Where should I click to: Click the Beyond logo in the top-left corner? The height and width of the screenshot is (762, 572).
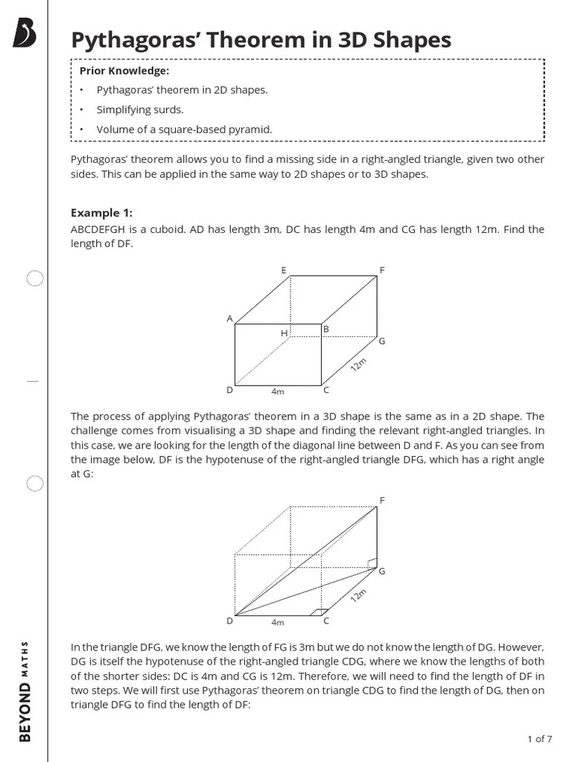point(25,33)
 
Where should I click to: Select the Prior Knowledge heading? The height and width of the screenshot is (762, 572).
point(124,71)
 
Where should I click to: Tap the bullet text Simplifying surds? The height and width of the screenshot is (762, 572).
point(140,109)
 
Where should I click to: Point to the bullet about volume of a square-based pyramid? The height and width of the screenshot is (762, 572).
point(184,129)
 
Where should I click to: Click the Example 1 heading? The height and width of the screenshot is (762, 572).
point(101,213)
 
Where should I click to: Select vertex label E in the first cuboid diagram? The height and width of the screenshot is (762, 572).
point(284,270)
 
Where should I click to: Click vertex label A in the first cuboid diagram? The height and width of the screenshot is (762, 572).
point(229,318)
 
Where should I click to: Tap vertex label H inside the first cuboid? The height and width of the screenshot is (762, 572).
point(284,333)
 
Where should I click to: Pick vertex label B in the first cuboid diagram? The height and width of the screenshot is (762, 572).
point(326,328)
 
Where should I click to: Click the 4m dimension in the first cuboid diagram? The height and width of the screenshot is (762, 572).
point(278,391)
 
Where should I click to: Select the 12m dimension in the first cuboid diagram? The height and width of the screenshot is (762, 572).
point(359,365)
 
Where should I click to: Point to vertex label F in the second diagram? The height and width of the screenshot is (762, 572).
point(382,500)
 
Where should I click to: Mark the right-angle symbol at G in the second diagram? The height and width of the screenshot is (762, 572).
point(372,563)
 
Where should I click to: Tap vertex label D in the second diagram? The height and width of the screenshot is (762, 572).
point(229,621)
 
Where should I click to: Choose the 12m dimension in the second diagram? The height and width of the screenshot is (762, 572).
point(359,596)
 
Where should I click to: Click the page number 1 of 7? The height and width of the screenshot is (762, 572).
point(539,739)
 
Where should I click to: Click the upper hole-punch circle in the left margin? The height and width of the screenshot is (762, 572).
point(35,279)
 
